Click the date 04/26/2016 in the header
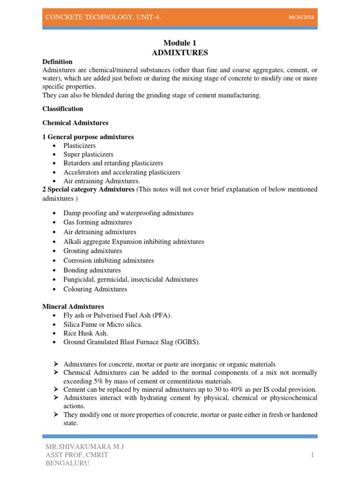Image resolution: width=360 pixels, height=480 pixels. pos(301,17)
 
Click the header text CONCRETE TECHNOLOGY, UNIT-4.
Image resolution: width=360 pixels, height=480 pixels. pos(103,17)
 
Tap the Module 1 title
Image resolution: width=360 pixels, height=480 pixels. pos(180,43)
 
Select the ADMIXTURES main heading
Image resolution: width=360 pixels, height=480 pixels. pos(180,52)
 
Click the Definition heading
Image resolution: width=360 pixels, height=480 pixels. pos(57,61)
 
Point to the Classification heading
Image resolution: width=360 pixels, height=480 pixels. pos(63,109)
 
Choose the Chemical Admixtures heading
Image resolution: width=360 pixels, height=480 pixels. pos(75,123)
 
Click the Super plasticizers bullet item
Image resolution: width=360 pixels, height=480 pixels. pos(89,154)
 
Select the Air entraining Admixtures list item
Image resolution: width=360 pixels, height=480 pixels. pos(102,180)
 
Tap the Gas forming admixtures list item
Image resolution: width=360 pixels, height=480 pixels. pos(98,222)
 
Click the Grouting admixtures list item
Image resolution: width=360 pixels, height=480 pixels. pos(93,251)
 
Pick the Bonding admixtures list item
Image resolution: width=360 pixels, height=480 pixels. pos(92,270)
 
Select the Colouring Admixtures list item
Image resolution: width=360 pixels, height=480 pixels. pos(96,289)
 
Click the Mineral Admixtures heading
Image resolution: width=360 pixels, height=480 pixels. pos(73,307)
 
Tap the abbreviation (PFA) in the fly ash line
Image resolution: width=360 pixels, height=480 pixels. pos(162,315)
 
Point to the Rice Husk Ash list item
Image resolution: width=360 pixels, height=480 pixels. pos(86,333)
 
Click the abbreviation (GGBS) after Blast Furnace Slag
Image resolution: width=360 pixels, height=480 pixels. pos(187,342)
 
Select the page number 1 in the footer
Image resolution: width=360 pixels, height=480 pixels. pos(311,455)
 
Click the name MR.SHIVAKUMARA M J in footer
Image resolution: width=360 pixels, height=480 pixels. pos(83,447)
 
